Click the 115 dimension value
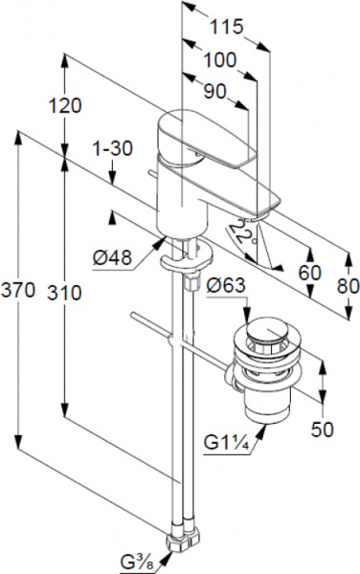(227, 27)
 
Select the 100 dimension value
(220, 60)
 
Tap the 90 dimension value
(215, 92)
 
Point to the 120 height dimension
(65, 106)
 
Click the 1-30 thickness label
(112, 149)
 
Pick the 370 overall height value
(18, 291)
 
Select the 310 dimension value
(64, 293)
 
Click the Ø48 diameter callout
(112, 258)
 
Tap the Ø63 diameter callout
(226, 285)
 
